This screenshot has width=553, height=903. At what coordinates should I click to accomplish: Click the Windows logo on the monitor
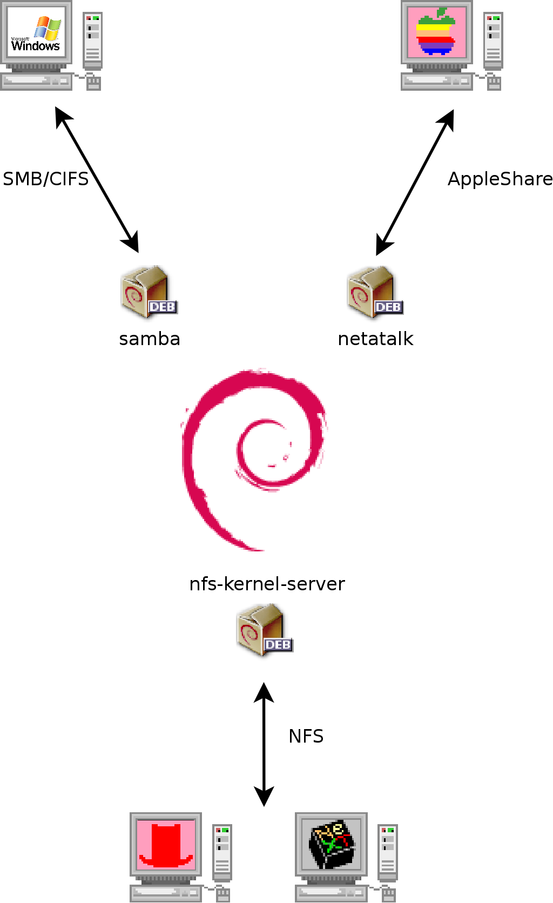(36, 33)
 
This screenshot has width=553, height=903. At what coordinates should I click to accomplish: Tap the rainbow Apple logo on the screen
(436, 32)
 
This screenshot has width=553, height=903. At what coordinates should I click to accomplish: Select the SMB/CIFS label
(46, 179)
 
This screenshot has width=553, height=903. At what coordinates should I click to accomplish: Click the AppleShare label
(500, 179)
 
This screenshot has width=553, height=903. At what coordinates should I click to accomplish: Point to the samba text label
(150, 339)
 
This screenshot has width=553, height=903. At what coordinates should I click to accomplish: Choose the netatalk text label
(375, 339)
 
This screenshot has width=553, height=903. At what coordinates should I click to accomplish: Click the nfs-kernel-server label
(267, 584)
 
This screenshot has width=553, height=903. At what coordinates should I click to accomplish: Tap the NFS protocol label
(306, 736)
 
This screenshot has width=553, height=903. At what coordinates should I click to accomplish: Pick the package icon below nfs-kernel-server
(264, 630)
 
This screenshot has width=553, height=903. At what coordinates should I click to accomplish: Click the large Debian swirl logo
(254, 459)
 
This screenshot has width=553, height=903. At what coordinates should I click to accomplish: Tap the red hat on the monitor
(166, 845)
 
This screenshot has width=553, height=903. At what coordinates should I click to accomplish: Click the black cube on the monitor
(332, 845)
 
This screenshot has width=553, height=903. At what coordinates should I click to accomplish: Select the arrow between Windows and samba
(97, 180)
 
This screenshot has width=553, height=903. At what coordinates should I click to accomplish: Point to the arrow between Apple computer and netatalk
(415, 183)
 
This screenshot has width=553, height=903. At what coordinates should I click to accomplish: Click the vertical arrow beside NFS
(264, 744)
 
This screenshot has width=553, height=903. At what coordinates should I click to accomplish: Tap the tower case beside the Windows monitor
(93, 40)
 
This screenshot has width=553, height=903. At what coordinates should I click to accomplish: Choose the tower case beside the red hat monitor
(222, 852)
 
